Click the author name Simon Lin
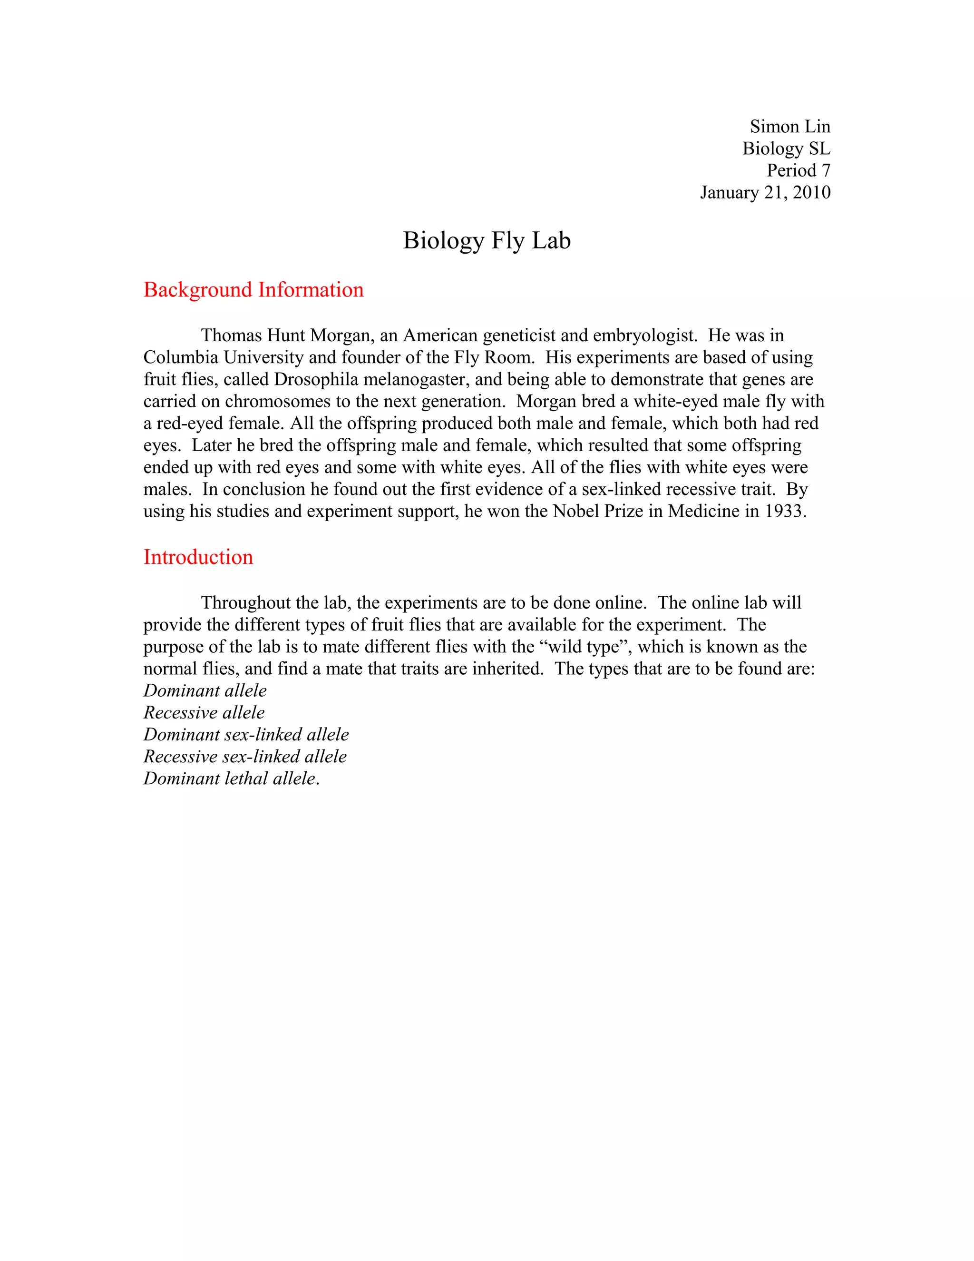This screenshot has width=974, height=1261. click(789, 127)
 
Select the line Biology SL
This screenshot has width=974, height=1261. click(786, 148)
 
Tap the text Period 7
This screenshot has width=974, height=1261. click(798, 170)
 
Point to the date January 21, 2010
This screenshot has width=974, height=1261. click(765, 192)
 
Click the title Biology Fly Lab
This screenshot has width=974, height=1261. click(487, 240)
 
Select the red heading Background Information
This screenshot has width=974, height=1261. click(253, 290)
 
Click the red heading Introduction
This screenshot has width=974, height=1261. click(198, 557)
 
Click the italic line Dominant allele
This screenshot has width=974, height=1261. click(205, 690)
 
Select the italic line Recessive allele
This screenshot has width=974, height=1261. click(204, 712)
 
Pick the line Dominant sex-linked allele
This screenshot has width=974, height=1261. click(246, 734)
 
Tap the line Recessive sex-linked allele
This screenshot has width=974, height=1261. click(244, 757)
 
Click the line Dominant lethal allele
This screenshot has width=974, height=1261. click(231, 778)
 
